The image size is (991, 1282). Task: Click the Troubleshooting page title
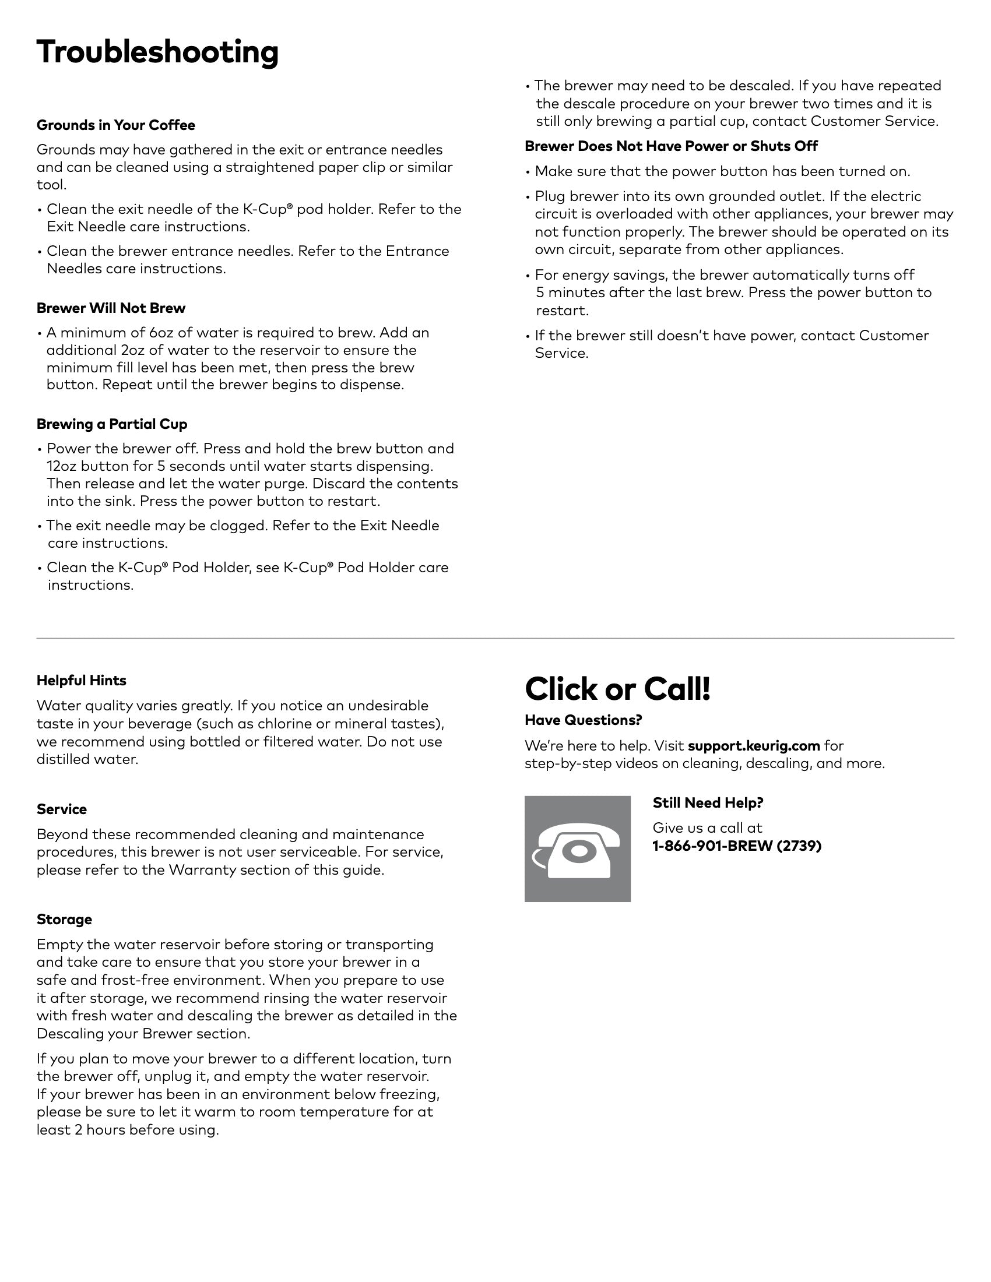point(157,52)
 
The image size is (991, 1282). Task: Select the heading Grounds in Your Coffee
point(115,125)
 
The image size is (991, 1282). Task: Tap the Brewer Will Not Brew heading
point(111,308)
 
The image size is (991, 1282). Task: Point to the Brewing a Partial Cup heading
point(111,424)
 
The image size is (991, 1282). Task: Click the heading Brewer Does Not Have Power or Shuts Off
point(671,146)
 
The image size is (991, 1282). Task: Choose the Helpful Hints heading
point(81,680)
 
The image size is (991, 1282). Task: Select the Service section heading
point(62,809)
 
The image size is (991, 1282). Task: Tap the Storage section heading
point(64,919)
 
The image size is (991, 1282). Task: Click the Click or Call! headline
point(617,689)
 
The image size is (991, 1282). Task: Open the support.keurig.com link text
point(754,746)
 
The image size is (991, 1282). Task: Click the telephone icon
point(577,849)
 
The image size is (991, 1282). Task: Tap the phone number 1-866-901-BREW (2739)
point(737,846)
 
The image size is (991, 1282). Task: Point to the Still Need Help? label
point(708,803)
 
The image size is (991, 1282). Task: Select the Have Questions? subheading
point(583,720)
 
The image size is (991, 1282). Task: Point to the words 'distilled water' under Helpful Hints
point(87,759)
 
